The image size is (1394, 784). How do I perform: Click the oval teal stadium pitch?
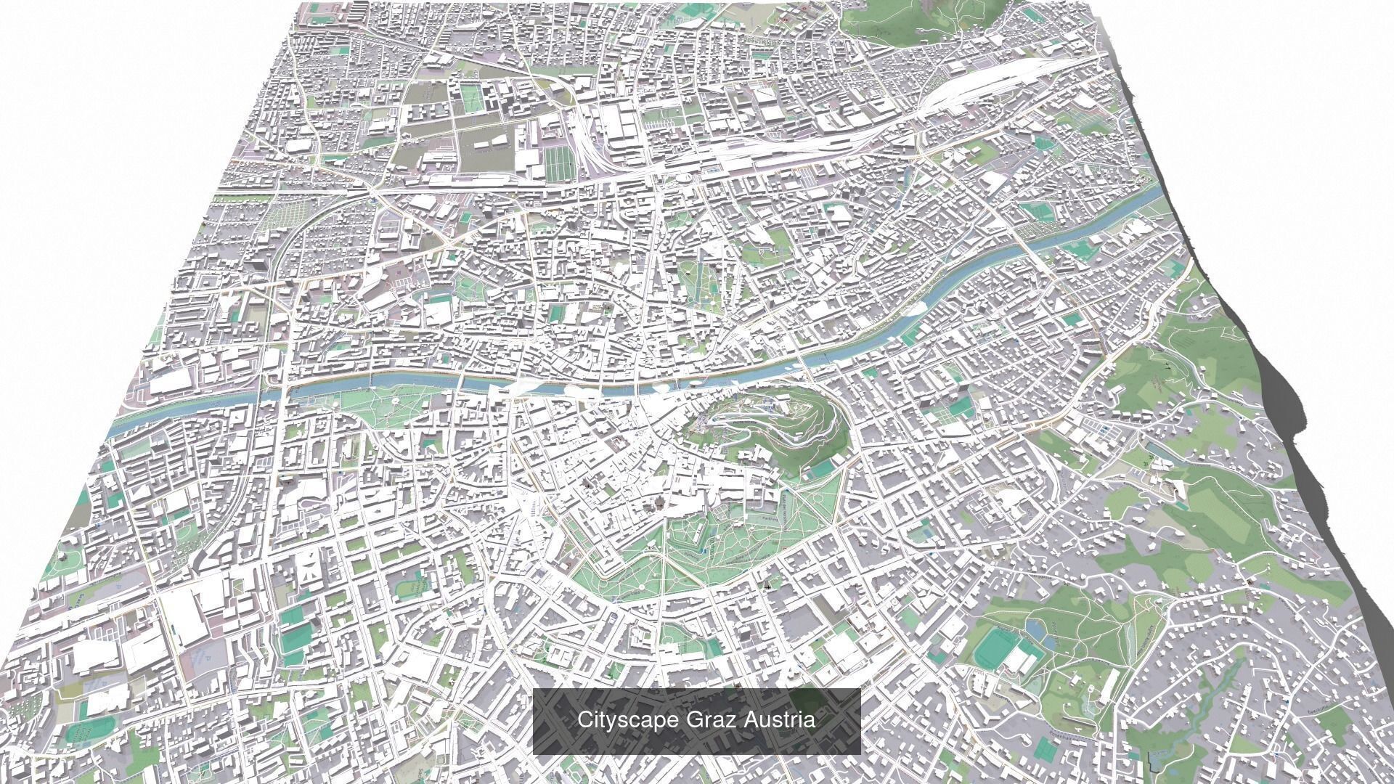[992, 647]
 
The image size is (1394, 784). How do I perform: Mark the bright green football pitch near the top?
[471, 97]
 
